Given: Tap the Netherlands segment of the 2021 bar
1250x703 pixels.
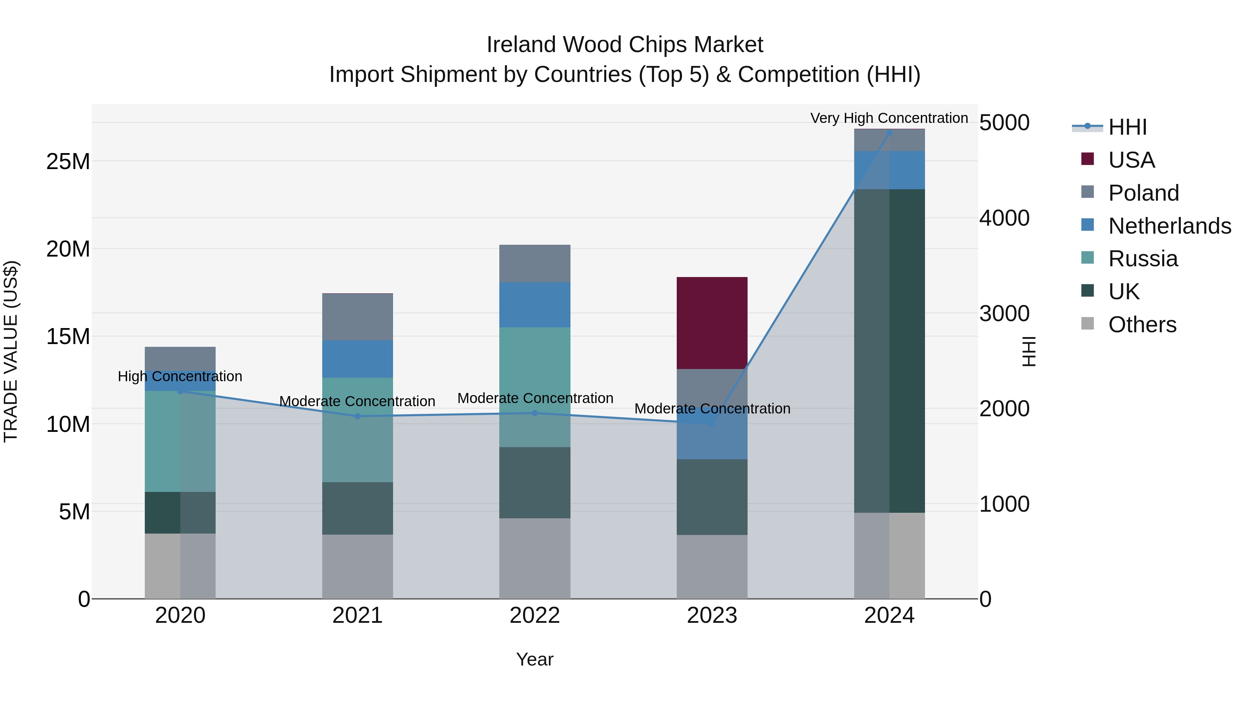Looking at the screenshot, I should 358,359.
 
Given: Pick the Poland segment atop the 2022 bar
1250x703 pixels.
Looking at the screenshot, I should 535,263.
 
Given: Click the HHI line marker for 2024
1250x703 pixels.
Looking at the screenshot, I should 889,133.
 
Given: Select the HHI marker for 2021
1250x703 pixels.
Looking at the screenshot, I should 358,416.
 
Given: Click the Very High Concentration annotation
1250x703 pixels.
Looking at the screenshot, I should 889,118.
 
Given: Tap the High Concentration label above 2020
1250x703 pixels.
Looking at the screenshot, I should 180,376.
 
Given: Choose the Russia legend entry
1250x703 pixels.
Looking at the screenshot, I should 1143,259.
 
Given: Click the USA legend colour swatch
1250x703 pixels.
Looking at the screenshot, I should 1087,159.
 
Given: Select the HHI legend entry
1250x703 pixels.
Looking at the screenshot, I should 1127,127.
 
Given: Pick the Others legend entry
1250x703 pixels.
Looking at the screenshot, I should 1142,325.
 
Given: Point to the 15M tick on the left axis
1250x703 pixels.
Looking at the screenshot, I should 68,336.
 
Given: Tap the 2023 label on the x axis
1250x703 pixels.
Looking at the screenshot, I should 712,616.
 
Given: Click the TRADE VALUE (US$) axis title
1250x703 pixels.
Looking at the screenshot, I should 11,351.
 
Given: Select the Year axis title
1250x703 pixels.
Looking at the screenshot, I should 535,659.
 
